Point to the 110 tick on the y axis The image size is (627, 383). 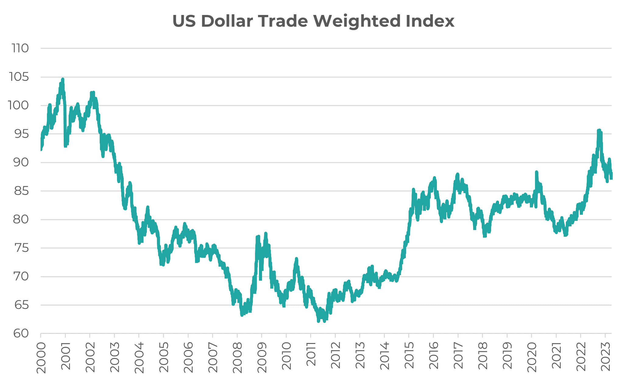coord(20,48)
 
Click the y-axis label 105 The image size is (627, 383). coord(19,77)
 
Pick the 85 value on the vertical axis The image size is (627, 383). coord(21,191)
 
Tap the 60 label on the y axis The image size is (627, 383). coord(21,334)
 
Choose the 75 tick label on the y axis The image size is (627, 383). coord(21,248)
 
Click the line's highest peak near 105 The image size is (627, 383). coord(62,79)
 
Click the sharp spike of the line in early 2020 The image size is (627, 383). coord(537,172)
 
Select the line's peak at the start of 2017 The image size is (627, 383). coord(457,174)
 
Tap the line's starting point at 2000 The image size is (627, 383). coord(41,149)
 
